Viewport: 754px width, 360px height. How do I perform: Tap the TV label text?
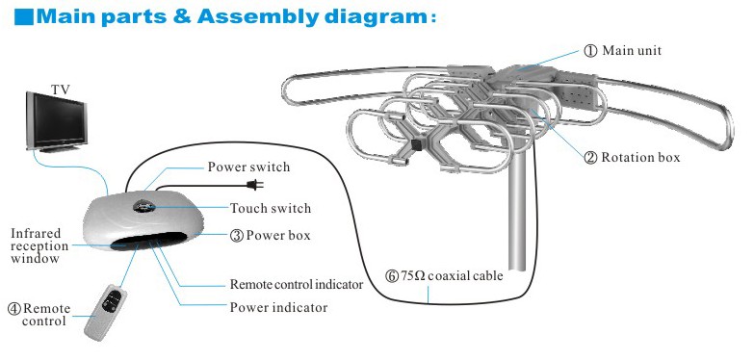[x=60, y=90]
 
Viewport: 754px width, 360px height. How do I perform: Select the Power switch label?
[x=248, y=167]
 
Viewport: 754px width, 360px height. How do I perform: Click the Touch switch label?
[x=271, y=208]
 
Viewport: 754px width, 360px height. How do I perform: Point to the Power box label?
[x=270, y=236]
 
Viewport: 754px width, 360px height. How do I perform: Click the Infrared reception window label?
[x=39, y=245]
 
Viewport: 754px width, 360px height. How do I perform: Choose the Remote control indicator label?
[x=297, y=284]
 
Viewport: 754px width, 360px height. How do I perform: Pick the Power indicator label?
[x=278, y=307]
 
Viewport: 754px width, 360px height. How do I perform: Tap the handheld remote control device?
[x=106, y=312]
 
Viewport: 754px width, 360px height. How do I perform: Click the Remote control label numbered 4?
[x=39, y=315]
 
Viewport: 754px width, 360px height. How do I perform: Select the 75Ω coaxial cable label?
[x=445, y=276]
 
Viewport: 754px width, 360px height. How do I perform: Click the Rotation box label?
[x=632, y=157]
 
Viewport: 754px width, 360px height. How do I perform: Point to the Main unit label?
[x=623, y=50]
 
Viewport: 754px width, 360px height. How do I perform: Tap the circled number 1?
[x=590, y=51]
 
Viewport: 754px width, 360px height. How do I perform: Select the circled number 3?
[x=236, y=236]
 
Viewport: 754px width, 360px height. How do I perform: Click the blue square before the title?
[x=24, y=16]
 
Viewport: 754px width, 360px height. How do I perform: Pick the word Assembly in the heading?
[x=258, y=16]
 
